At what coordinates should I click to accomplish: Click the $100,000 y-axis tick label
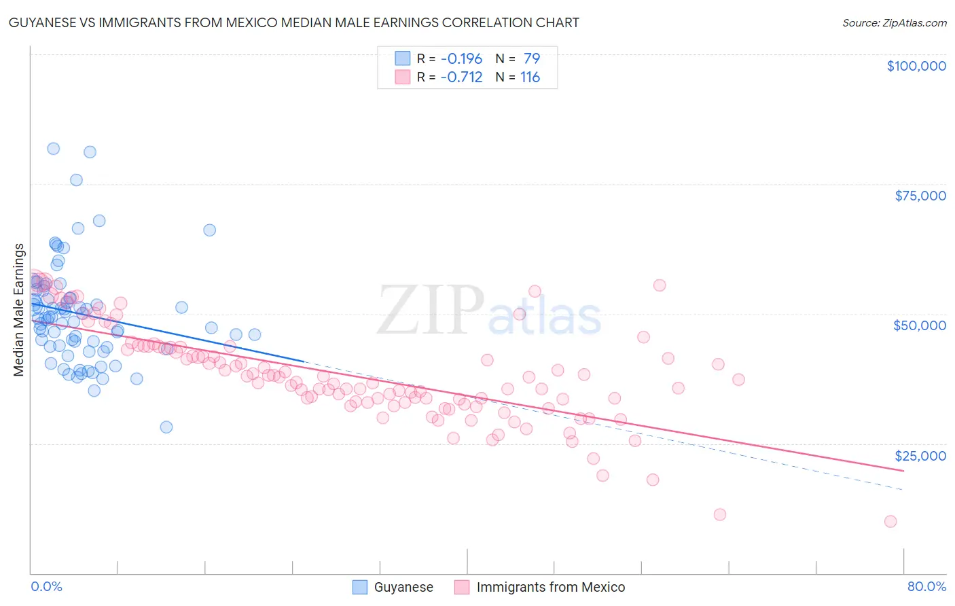click(x=916, y=66)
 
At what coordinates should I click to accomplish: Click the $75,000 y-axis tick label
click(x=920, y=196)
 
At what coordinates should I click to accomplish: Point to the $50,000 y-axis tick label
click(x=919, y=325)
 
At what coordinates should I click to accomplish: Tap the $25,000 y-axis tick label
click(x=920, y=456)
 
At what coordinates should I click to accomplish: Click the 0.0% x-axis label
click(x=46, y=586)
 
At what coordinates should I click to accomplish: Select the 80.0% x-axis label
click(x=926, y=586)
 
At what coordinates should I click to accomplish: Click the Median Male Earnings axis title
click(x=19, y=309)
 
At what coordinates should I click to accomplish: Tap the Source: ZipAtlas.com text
click(x=894, y=22)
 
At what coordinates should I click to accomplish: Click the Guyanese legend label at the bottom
click(x=403, y=587)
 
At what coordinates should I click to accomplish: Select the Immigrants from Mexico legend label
click(x=550, y=587)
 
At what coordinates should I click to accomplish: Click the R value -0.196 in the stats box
click(x=461, y=58)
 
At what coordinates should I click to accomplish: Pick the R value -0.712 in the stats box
click(x=461, y=77)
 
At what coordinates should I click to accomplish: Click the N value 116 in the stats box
click(x=530, y=77)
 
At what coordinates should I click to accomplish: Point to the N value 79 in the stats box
click(x=531, y=58)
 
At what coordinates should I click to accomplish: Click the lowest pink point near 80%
click(x=890, y=522)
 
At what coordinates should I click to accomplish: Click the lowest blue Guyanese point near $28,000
click(x=166, y=427)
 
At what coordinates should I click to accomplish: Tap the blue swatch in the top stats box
click(x=403, y=58)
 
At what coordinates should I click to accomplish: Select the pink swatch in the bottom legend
click(x=462, y=587)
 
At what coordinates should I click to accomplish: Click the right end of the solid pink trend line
click(x=903, y=470)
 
